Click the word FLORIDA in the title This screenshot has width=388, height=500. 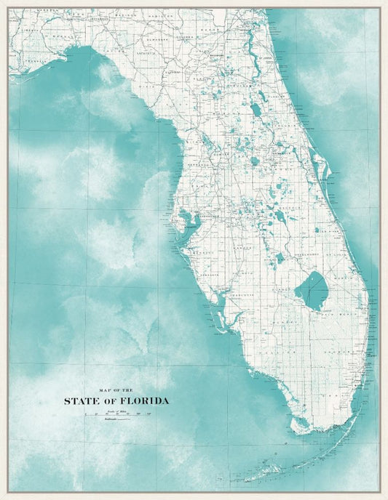(x=143, y=400)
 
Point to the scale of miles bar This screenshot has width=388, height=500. (x=116, y=414)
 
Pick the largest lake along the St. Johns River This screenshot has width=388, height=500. (x=256, y=110)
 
